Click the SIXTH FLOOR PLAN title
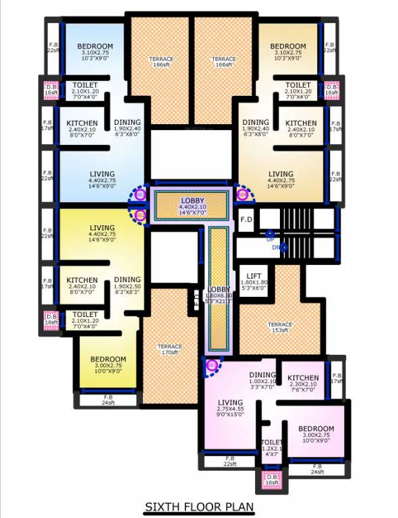pos(200,507)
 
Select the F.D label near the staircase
pos(246,219)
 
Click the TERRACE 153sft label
pos(280,328)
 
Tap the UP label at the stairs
pos(270,239)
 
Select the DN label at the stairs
pos(275,248)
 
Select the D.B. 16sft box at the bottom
pos(272,480)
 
